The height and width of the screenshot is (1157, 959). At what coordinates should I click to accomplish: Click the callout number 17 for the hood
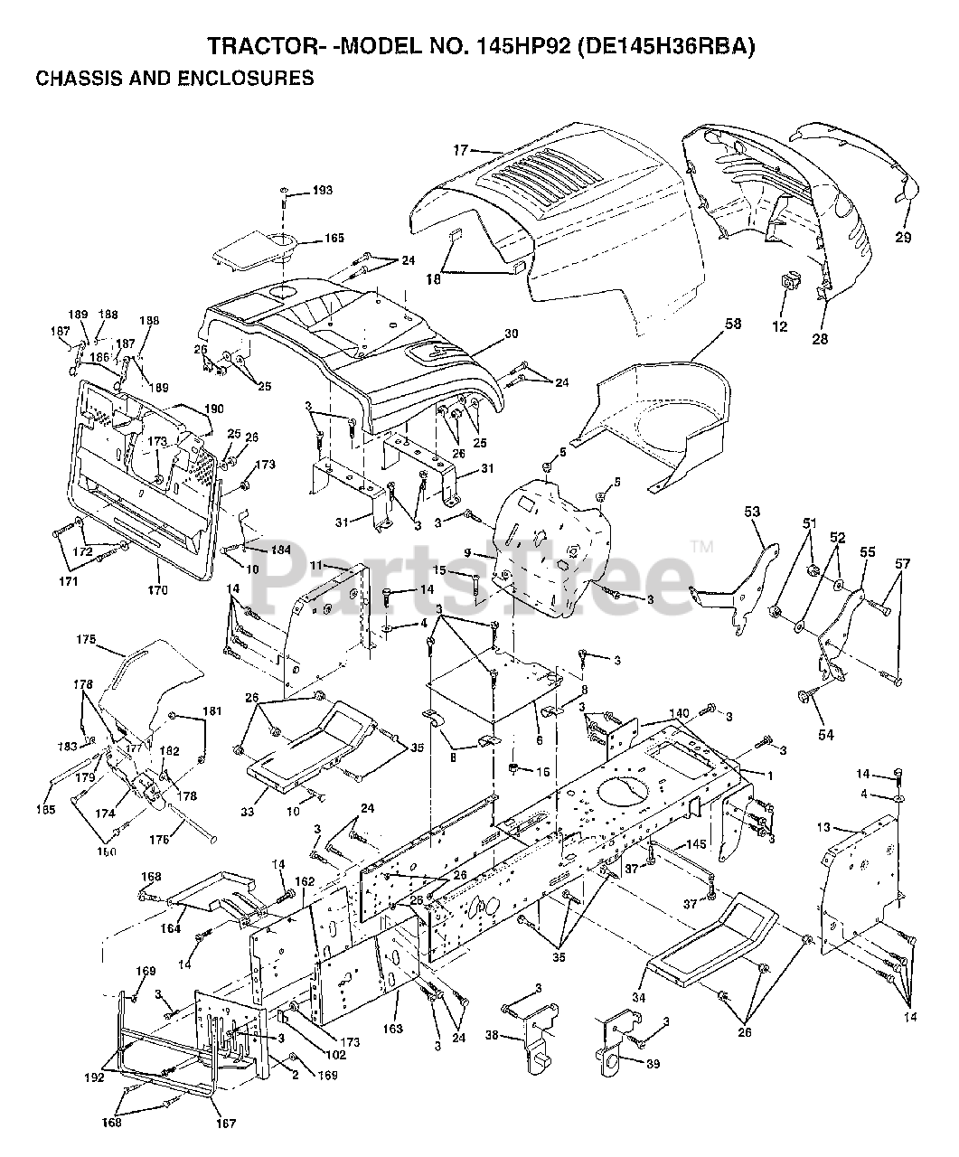pyautogui.click(x=460, y=150)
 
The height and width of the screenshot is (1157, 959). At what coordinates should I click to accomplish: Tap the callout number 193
pyautogui.click(x=297, y=190)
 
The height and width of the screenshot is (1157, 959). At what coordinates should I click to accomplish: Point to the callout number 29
pyautogui.click(x=904, y=239)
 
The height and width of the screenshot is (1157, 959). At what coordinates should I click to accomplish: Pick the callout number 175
pyautogui.click(x=86, y=639)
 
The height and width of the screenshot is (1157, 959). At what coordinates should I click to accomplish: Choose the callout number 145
pyautogui.click(x=695, y=844)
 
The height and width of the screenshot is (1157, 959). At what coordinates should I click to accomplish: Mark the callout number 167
pyautogui.click(x=226, y=1124)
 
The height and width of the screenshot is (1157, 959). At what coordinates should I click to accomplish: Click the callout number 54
pyautogui.click(x=825, y=735)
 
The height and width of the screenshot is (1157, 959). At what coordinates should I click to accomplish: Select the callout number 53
pyautogui.click(x=752, y=513)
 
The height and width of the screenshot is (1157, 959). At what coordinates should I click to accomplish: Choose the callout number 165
pyautogui.click(x=309, y=239)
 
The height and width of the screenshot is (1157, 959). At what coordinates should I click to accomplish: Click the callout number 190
pyautogui.click(x=213, y=409)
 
